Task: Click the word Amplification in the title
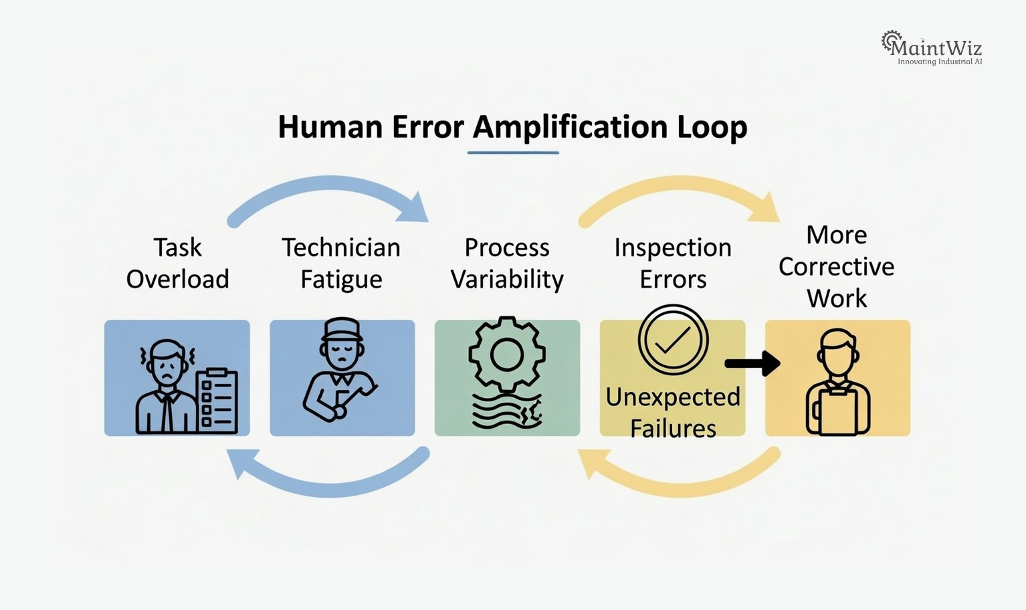tap(570, 127)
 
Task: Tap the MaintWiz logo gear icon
tap(891, 41)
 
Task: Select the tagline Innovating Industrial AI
tap(939, 62)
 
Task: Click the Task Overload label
tap(177, 263)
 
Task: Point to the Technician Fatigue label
tap(341, 263)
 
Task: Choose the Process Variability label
tap(507, 263)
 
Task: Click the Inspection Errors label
tap(673, 263)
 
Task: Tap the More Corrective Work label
tap(837, 266)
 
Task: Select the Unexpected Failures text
tap(673, 412)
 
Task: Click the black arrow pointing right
tap(752, 364)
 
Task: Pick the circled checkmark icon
tap(673, 339)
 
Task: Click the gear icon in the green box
tap(507, 354)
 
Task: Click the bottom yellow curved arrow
tap(680, 479)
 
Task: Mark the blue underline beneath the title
tap(513, 152)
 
